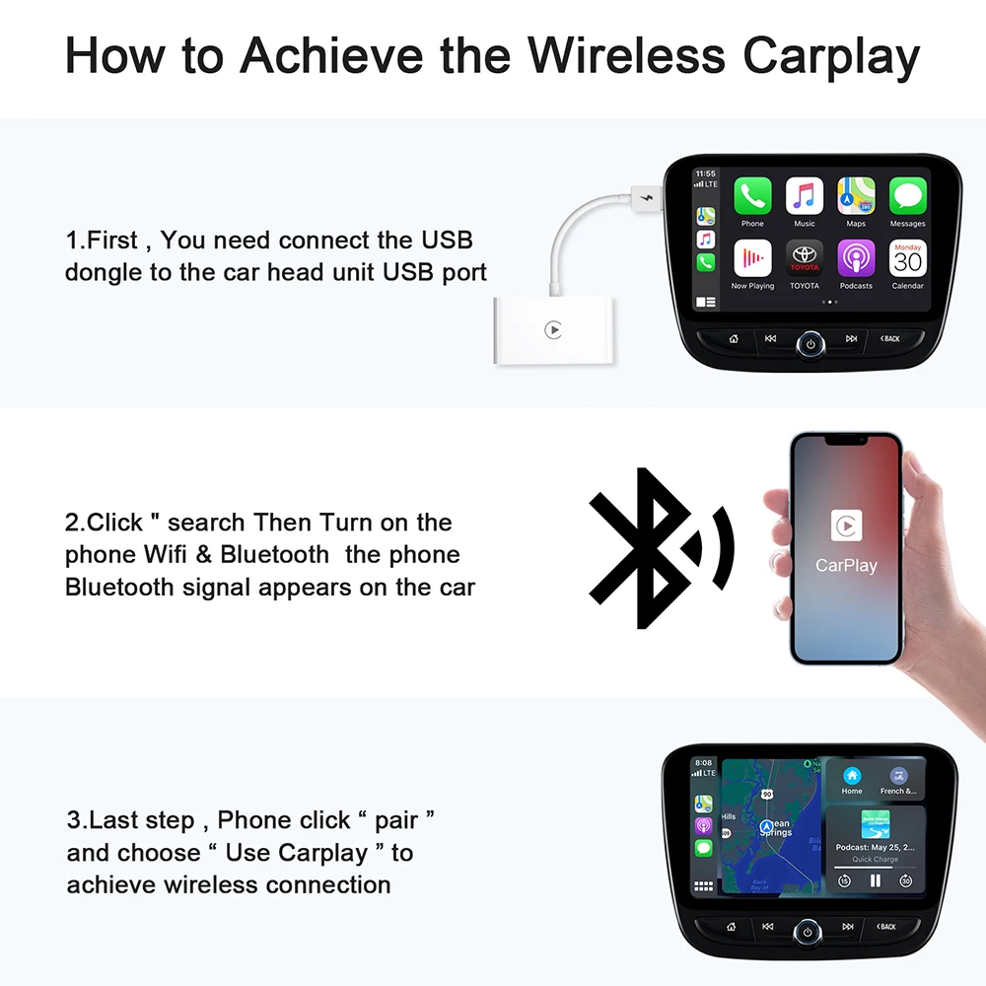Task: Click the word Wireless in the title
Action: tap(631, 56)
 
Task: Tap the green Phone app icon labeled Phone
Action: tap(752, 196)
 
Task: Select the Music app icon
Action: tap(804, 196)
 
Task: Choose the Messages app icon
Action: tap(907, 196)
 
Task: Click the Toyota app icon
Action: tap(804, 258)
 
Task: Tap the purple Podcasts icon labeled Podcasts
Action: tap(856, 258)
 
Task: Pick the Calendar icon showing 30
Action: tap(907, 258)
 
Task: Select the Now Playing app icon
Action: tap(752, 258)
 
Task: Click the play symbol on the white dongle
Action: tap(553, 330)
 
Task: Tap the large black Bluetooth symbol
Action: tap(646, 547)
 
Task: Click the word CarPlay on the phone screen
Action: tap(846, 565)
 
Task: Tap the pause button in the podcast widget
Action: tap(875, 880)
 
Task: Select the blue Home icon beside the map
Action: tap(852, 776)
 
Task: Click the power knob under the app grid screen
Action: tap(810, 344)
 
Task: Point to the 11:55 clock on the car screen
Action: tap(706, 174)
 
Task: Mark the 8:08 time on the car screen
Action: tap(704, 762)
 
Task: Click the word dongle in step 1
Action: tap(101, 272)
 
